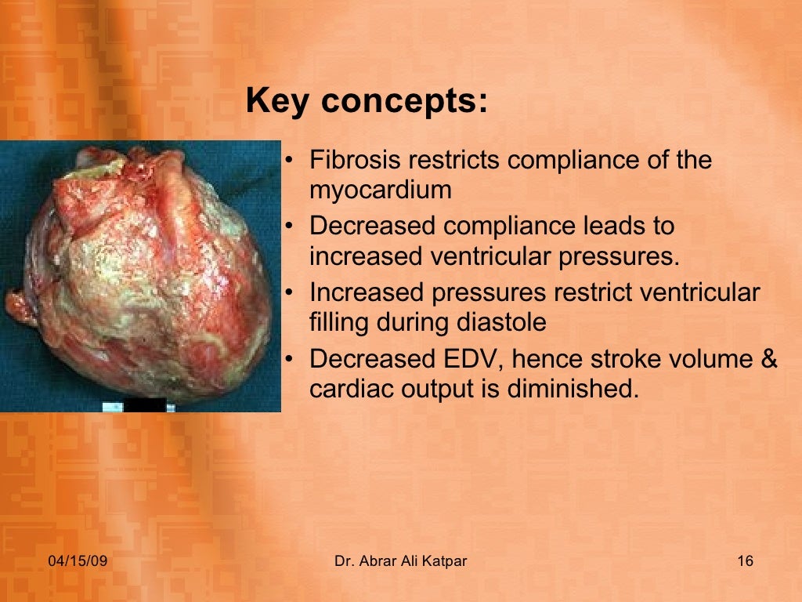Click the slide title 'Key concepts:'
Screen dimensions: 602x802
(366, 103)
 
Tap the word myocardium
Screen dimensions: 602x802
(381, 190)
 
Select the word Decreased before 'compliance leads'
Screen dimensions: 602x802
(371, 227)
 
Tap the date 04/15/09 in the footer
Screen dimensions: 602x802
(77, 561)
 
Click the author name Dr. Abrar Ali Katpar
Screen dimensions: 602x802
(400, 561)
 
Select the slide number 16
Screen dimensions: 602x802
(745, 561)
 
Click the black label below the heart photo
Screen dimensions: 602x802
(145, 404)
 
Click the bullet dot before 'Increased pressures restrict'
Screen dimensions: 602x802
(289, 294)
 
